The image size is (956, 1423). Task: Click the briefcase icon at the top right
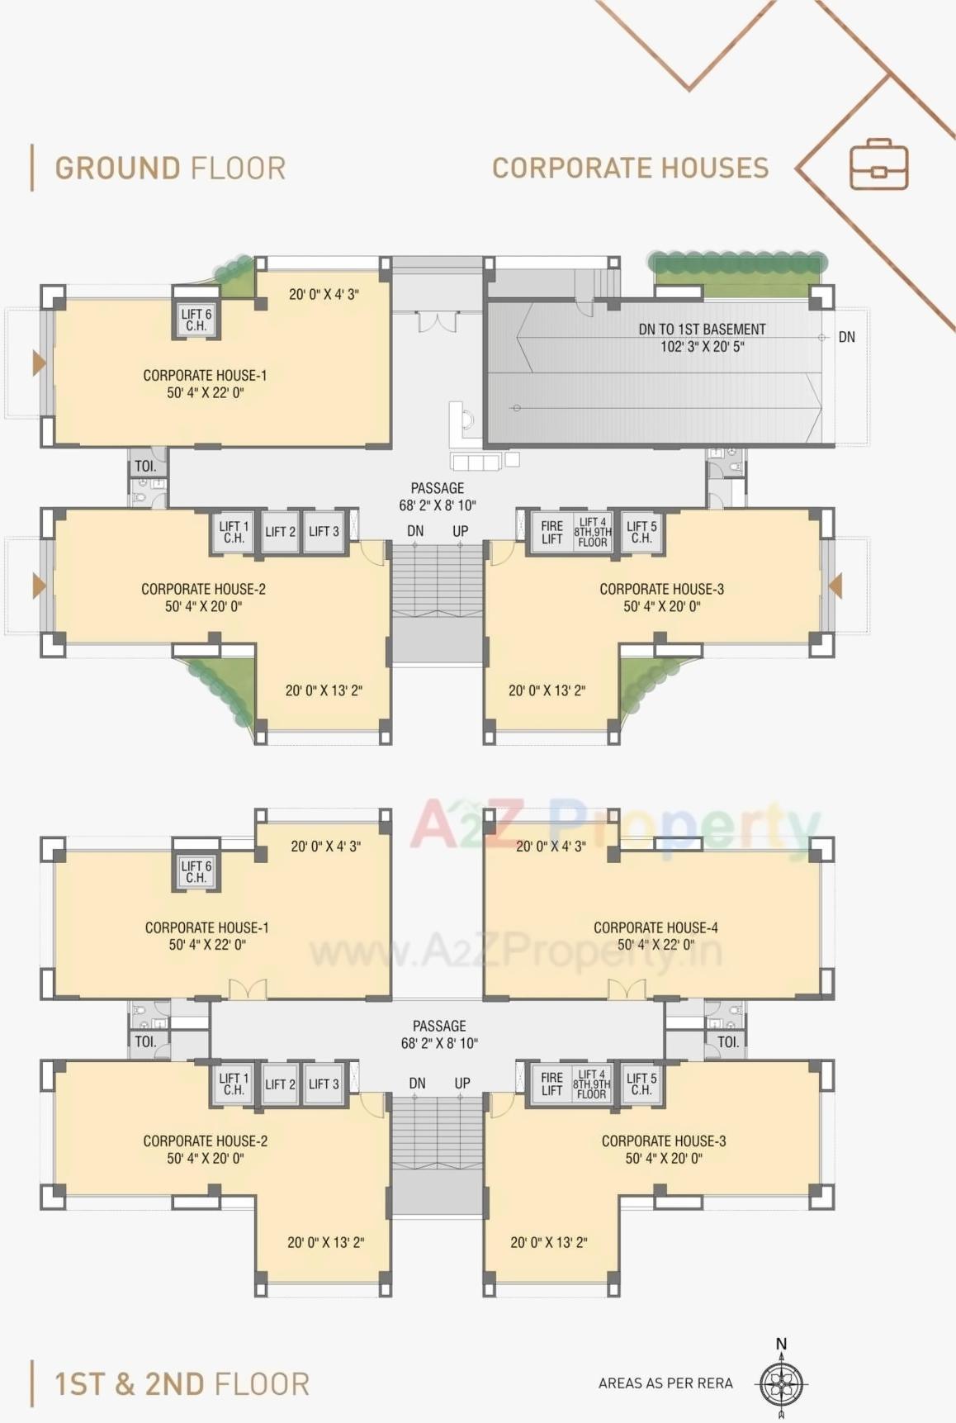(x=878, y=164)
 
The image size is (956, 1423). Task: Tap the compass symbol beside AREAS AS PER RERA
(x=781, y=1383)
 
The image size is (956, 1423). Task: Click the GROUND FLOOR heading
(x=170, y=168)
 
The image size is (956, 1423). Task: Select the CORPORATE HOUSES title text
(x=630, y=168)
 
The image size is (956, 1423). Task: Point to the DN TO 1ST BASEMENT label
(x=702, y=329)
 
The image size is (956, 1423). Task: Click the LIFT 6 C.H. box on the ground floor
(x=196, y=320)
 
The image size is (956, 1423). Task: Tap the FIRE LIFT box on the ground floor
(x=551, y=532)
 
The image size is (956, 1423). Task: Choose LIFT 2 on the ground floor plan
(x=280, y=532)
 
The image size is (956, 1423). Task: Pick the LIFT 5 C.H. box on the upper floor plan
(x=641, y=1084)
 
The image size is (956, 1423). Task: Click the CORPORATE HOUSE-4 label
(x=655, y=927)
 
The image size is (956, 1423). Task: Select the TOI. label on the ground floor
(x=145, y=467)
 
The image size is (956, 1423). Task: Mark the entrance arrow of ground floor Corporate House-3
(x=835, y=586)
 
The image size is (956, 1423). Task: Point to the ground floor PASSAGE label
(x=438, y=488)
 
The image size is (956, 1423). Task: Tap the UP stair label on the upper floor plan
(x=462, y=1083)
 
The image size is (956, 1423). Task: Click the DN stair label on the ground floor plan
(x=415, y=531)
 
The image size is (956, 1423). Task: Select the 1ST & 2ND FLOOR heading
(x=182, y=1384)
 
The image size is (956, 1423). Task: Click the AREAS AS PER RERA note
(x=665, y=1383)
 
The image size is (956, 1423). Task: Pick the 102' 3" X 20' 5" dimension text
(x=702, y=347)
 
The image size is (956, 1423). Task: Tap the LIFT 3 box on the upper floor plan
(x=324, y=1084)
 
